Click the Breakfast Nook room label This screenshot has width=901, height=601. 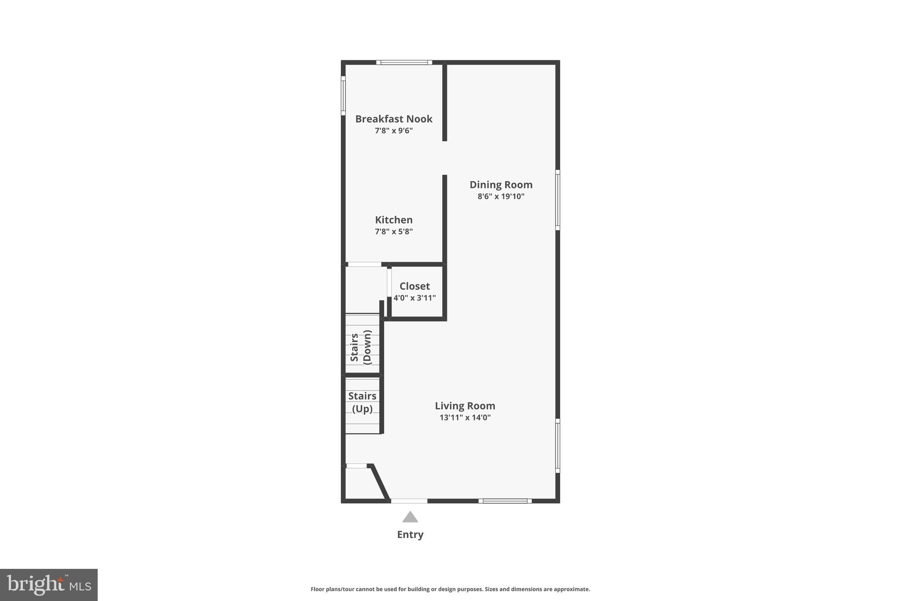click(394, 119)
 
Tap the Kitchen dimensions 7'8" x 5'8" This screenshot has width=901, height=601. click(394, 232)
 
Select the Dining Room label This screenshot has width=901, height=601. click(501, 184)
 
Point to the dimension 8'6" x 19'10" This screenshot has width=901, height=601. click(501, 196)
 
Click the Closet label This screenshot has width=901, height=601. click(414, 286)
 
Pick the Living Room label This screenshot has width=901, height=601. click(465, 406)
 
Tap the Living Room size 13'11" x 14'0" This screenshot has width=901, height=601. click(465, 417)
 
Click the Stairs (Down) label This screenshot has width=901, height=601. click(361, 347)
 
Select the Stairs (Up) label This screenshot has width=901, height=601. click(362, 402)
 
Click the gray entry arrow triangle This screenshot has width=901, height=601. click(410, 517)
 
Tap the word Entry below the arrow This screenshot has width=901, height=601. click(410, 535)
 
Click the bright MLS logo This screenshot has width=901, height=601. click(49, 585)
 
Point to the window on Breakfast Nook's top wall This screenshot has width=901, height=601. click(404, 63)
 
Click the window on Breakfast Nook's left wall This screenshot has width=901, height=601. click(343, 96)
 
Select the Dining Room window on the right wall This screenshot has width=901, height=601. click(557, 200)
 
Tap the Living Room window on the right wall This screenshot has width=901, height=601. click(557, 446)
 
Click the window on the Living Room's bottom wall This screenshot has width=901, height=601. click(505, 501)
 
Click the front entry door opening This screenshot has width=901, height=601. click(409, 501)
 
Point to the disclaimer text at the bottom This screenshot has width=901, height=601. click(450, 589)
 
